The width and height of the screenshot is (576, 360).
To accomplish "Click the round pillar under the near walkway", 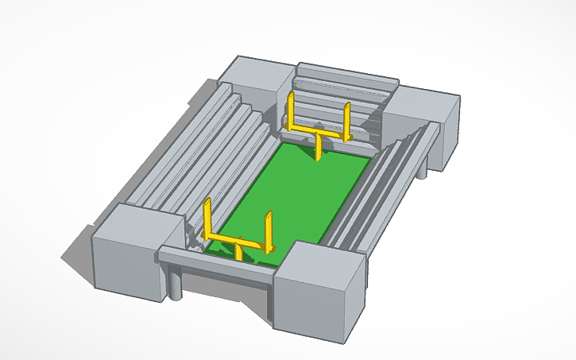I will pyautogui.click(x=175, y=283).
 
